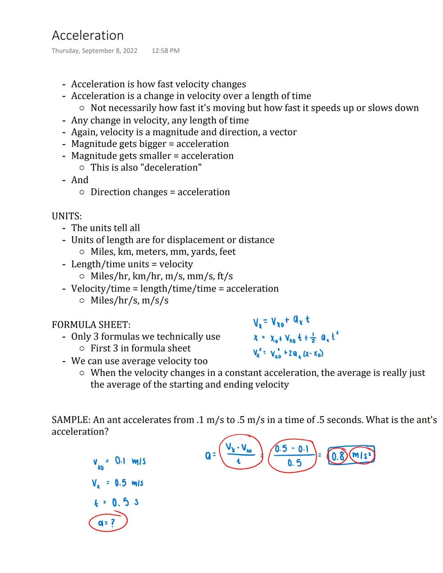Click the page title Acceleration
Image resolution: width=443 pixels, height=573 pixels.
pos(87,36)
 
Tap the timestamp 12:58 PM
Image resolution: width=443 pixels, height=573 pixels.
pos(165,51)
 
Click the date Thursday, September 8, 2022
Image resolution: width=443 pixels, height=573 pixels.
pos(94,51)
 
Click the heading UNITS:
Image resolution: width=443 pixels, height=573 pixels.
pos(66,216)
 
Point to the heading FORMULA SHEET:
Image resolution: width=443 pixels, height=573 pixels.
pos(91,325)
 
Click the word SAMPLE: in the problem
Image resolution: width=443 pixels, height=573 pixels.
pos(71,420)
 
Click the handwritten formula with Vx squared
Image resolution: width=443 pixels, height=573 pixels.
pos(288,353)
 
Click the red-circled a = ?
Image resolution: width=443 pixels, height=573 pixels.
pos(108,523)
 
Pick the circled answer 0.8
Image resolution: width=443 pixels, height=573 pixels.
pos(338,457)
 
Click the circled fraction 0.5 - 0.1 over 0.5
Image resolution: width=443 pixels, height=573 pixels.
pos(292,456)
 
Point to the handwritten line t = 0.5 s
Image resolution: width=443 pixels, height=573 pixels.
pos(116,502)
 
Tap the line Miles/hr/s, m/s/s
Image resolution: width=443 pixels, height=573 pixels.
pos(129,301)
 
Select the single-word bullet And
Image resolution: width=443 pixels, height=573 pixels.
pos(80,180)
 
